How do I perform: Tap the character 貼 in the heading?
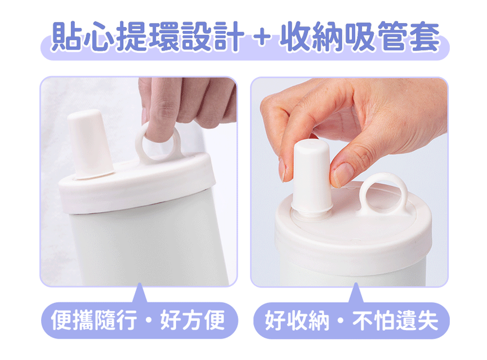click(x=67, y=37)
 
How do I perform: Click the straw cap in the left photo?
click(x=90, y=145)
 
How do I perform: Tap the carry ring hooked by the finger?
click(x=158, y=143)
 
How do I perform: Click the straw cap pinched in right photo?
click(x=312, y=176)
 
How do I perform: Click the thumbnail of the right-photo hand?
click(x=342, y=174)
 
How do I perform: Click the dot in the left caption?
click(x=149, y=320)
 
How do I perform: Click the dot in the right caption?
click(x=341, y=320)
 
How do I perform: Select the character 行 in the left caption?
click(x=127, y=320)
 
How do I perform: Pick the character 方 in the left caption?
click(x=193, y=320)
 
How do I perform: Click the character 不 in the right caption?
click(x=363, y=320)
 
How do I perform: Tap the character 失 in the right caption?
click(x=428, y=320)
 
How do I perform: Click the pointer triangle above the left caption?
click(x=140, y=293)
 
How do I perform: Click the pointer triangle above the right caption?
click(x=356, y=293)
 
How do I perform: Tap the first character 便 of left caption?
click(x=61, y=320)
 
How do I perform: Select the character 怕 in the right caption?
click(x=384, y=320)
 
